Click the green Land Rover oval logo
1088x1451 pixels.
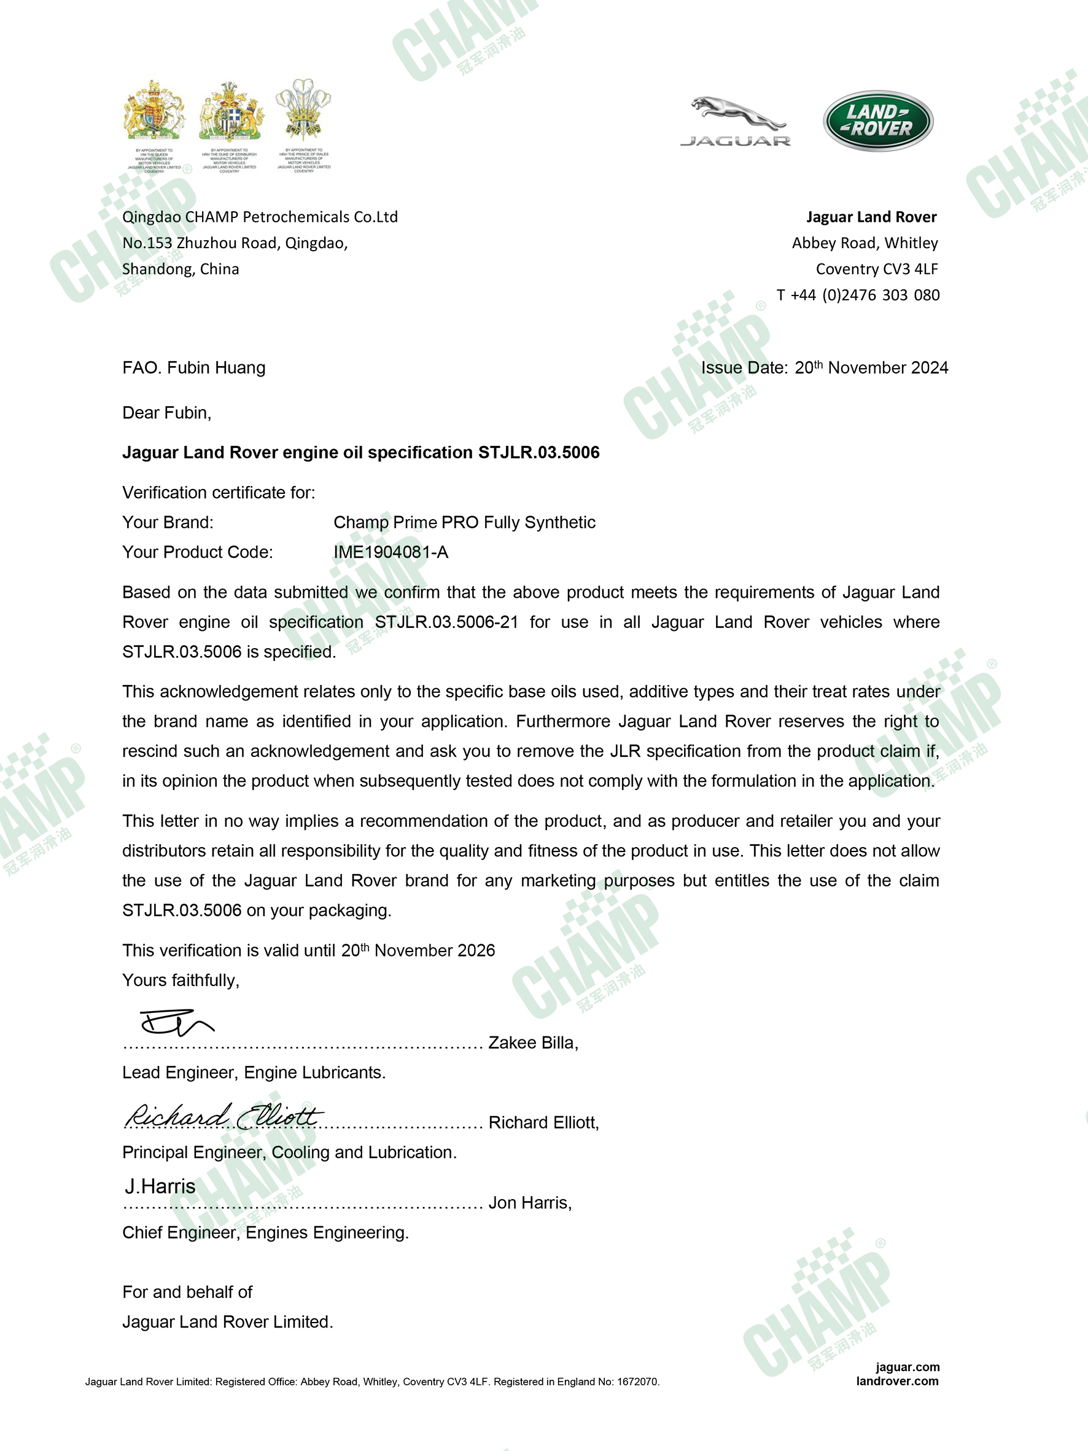tap(877, 120)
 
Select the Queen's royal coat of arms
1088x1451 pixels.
tap(154, 112)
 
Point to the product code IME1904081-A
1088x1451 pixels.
tap(391, 552)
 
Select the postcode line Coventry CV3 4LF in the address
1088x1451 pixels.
tap(877, 269)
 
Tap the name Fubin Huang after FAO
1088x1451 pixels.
tap(216, 368)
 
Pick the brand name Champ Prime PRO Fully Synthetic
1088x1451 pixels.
tap(464, 523)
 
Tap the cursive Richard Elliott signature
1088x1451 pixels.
tap(223, 1116)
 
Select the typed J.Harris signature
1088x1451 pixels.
tap(160, 1187)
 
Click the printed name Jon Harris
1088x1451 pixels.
tap(529, 1203)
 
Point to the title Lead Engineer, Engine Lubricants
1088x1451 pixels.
tap(254, 1073)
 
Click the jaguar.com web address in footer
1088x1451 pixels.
tap(907, 1367)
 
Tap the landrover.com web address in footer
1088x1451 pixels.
tap(896, 1381)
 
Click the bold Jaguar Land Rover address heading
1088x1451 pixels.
tap(871, 217)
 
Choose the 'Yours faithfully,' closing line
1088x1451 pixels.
tap(181, 980)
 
